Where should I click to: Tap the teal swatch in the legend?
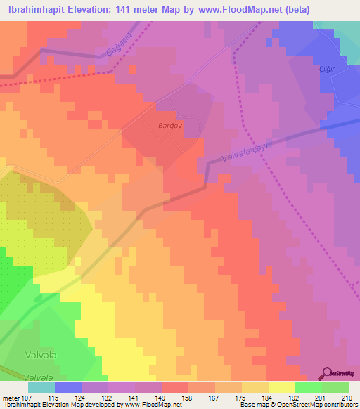click(41, 387)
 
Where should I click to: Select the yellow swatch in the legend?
click(282, 387)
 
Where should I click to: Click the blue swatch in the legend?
click(68, 387)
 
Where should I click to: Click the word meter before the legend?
click(11, 397)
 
